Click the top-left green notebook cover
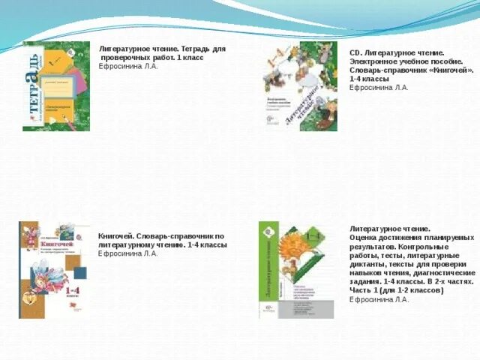56,86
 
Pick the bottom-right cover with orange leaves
296,269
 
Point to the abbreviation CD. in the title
355,52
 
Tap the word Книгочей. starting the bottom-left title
115,235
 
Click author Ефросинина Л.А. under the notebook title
128,66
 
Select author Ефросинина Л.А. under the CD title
379,88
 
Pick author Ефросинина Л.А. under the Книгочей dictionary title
127,253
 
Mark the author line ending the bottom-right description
379,299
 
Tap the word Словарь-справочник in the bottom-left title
177,235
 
